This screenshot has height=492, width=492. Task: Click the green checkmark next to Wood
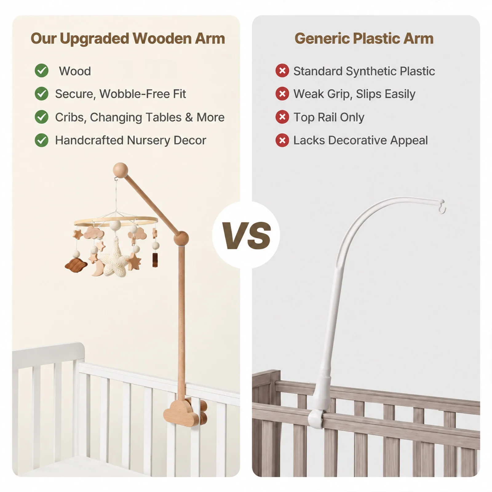42,71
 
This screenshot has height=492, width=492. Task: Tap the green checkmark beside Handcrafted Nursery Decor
42,140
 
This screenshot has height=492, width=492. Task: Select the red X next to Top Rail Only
282,117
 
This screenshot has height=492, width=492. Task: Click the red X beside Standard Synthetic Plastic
282,71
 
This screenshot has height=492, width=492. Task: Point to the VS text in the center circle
246,236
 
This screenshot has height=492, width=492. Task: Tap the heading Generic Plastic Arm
364,38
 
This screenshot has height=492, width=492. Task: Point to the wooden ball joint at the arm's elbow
181,238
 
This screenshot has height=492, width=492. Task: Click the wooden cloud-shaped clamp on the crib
185,413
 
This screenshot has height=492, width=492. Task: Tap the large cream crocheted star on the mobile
116,258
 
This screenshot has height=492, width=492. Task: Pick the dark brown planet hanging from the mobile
76,265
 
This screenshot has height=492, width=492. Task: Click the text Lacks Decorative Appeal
360,140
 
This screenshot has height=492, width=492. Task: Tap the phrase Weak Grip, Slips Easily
354,94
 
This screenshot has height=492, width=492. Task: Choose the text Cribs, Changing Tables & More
140,117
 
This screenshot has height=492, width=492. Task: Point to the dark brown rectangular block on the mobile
154,260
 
